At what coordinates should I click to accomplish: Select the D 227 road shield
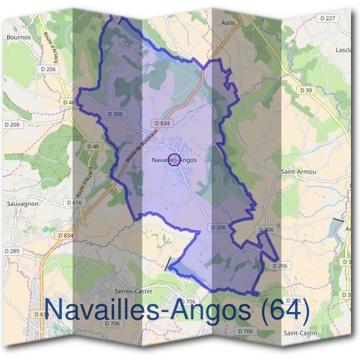(328, 19)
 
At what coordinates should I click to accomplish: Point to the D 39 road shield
(306, 90)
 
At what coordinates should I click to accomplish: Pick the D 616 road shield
(74, 203)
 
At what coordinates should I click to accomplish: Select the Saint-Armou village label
(298, 172)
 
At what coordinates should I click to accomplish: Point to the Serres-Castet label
(133, 291)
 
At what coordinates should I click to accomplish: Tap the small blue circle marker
(174, 160)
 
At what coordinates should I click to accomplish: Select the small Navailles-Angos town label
(174, 160)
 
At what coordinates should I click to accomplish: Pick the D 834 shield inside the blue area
(162, 123)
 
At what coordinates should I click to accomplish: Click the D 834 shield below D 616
(65, 236)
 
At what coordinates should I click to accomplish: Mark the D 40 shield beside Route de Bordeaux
(93, 146)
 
